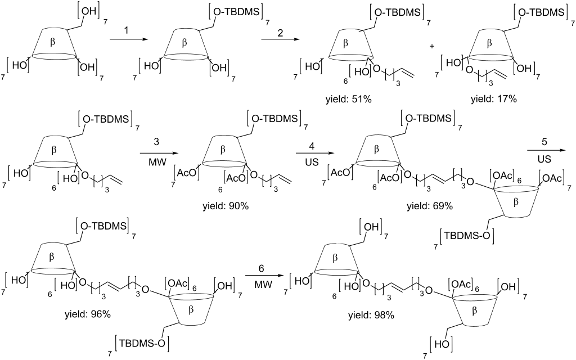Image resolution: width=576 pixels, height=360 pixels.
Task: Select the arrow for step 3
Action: tap(156, 151)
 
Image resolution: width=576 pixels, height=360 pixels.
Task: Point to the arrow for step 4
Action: tap(312, 152)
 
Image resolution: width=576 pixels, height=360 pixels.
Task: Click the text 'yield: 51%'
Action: tap(348, 99)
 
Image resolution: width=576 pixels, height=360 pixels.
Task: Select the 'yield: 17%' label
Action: tap(493, 99)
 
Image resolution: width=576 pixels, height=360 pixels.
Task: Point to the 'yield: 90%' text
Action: tap(226, 206)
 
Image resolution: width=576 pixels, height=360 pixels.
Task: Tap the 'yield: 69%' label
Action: tap(429, 206)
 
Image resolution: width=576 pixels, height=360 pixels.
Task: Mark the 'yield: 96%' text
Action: tap(87, 314)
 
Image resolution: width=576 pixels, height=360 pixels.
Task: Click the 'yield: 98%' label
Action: tap(371, 315)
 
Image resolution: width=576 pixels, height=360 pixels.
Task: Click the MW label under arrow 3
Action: tap(156, 161)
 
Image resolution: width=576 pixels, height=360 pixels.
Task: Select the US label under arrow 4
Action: tap(312, 161)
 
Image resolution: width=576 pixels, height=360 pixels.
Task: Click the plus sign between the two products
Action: tap(432, 46)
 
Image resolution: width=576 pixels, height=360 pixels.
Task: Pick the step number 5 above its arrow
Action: tap(544, 141)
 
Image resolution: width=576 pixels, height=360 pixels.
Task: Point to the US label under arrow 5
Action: tap(544, 159)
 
